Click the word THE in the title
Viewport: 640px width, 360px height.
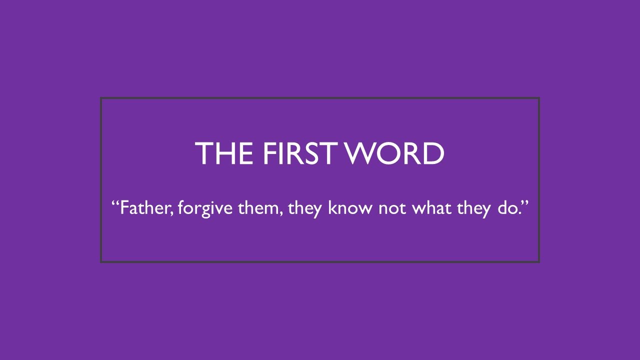(225, 153)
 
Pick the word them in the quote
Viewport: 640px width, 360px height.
(257, 207)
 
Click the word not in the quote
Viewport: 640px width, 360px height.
(392, 207)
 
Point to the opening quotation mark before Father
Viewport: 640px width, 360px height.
(115, 202)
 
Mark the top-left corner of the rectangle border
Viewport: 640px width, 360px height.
(101, 98)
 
